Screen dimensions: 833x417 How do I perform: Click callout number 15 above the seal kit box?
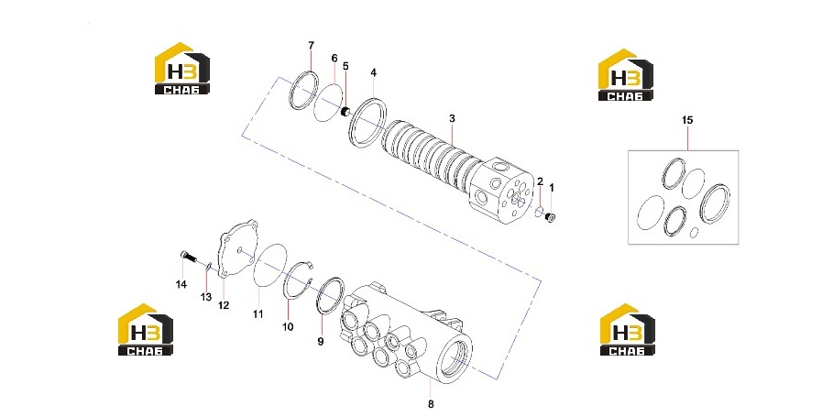(687, 121)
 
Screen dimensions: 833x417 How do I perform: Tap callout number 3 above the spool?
(452, 118)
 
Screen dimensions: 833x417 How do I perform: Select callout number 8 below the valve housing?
(431, 404)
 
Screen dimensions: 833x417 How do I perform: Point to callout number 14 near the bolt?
(181, 285)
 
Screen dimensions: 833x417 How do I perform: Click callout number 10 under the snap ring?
(288, 326)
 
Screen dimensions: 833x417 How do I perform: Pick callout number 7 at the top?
(312, 46)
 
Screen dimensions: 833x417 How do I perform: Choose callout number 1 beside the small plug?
(552, 188)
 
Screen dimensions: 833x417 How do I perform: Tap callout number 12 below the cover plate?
(224, 305)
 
